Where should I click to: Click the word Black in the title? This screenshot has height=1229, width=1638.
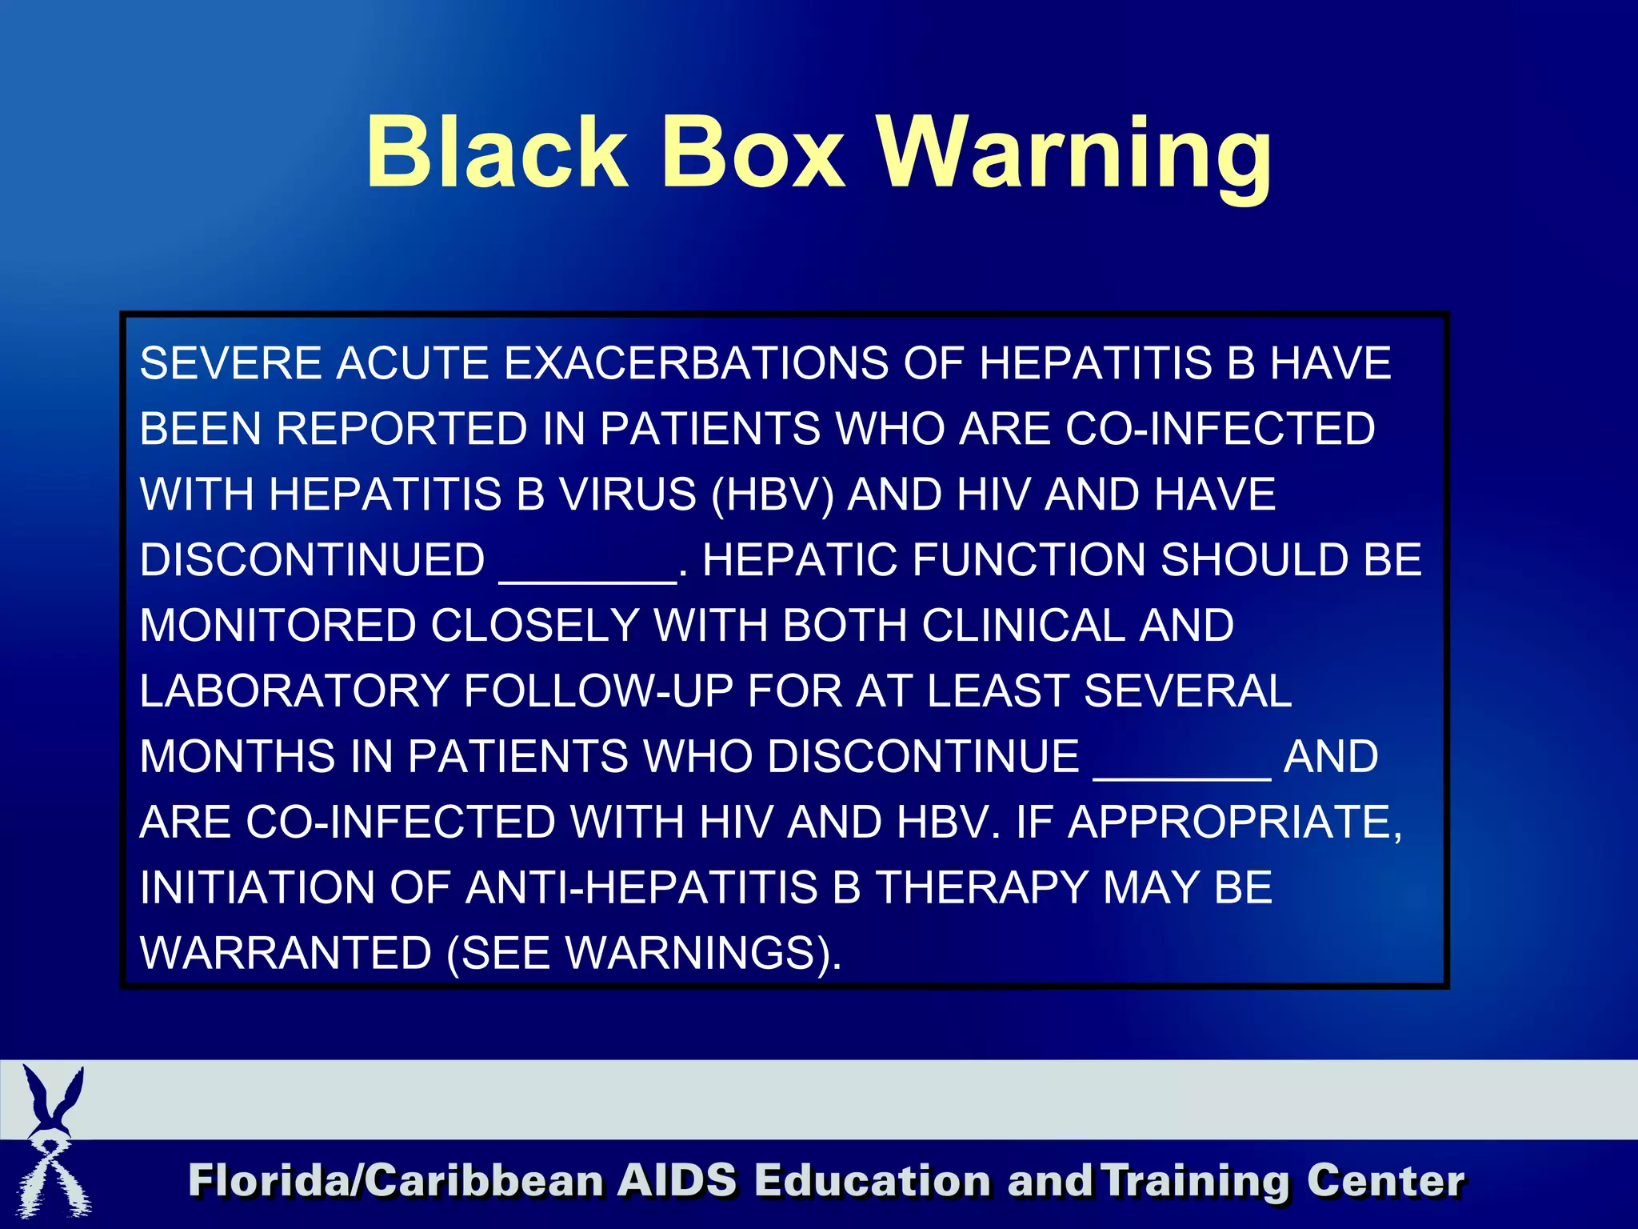[496, 152]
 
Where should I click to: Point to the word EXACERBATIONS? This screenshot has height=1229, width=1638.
[696, 363]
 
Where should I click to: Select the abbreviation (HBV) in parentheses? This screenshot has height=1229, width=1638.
[773, 494]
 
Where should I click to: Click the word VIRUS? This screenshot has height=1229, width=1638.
[628, 494]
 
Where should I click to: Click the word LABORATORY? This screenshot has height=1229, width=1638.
[294, 691]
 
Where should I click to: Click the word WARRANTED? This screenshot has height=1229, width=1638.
[286, 954]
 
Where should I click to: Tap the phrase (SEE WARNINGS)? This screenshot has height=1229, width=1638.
[644, 954]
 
